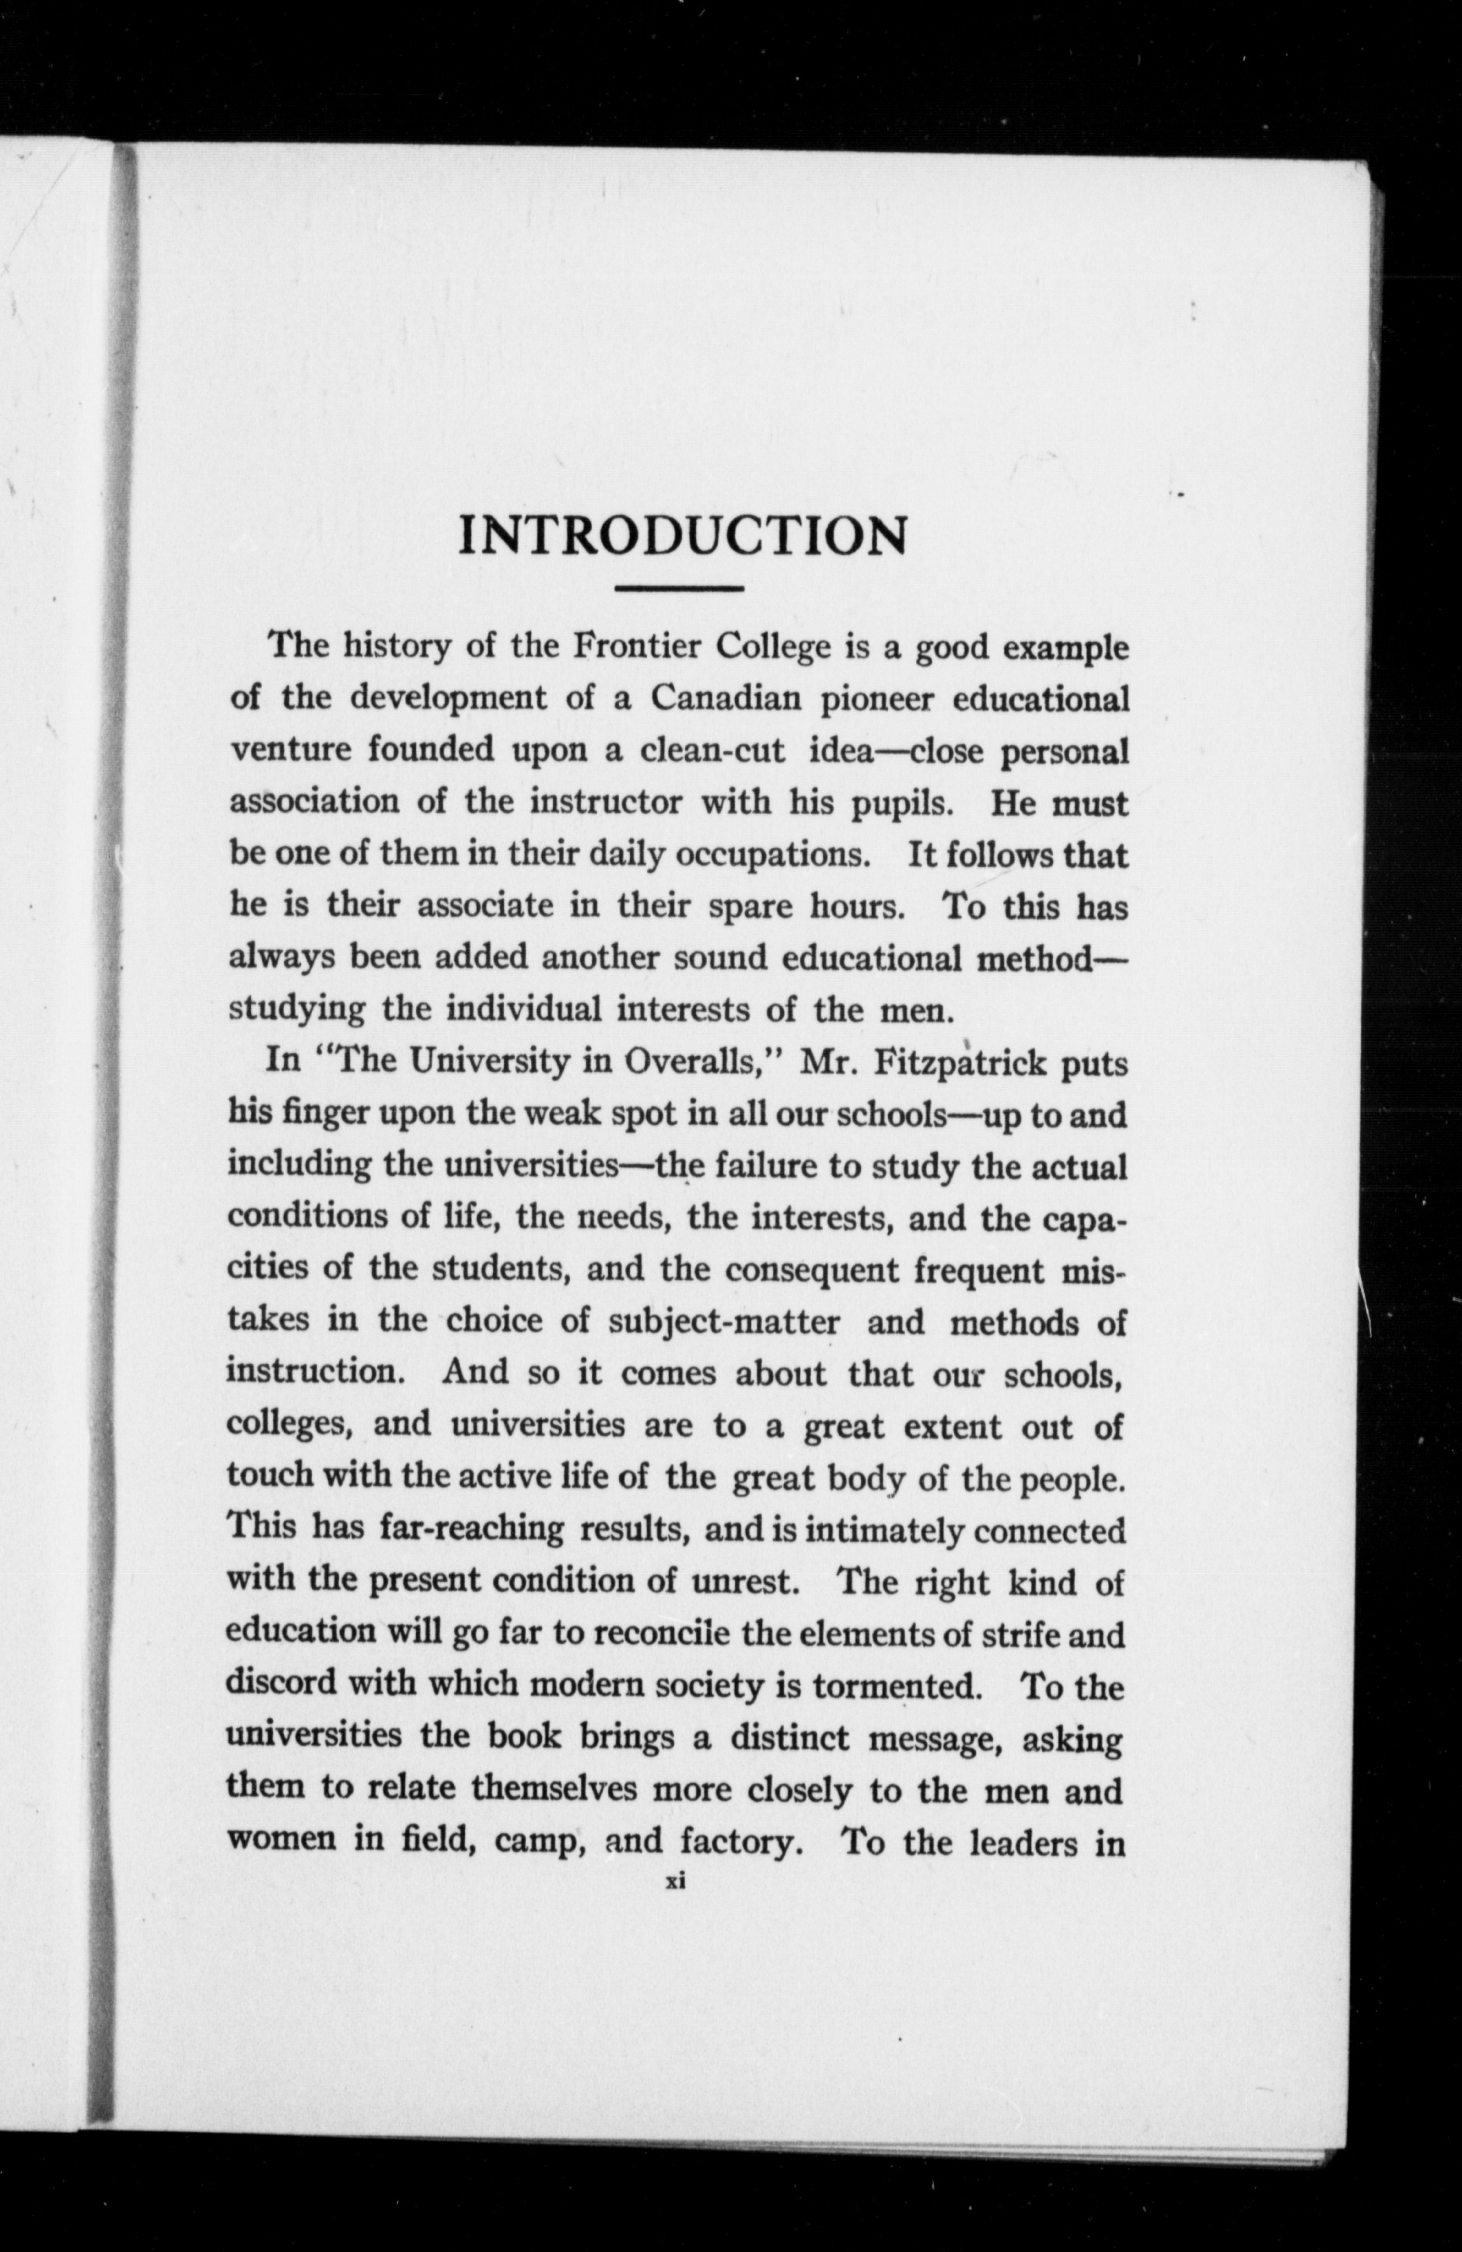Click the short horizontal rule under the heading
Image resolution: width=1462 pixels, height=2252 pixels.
pos(678,589)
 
